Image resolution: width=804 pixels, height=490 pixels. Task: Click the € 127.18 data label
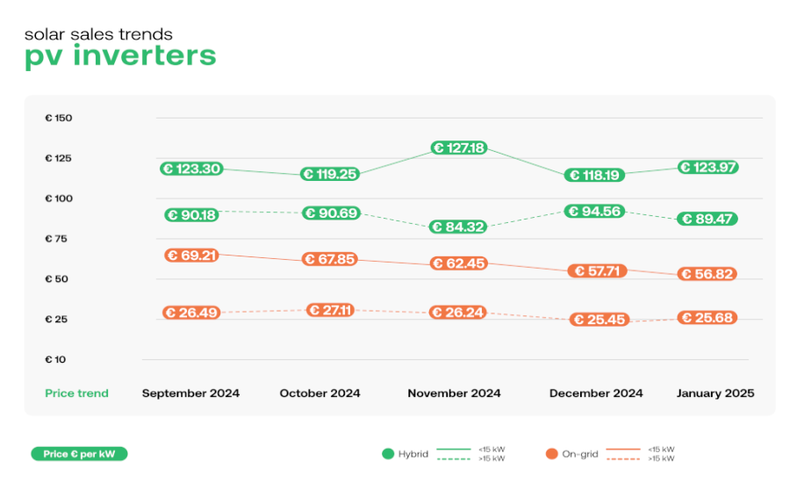459,148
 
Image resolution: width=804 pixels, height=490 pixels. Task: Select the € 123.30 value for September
191,169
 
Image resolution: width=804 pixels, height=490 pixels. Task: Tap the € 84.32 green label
458,227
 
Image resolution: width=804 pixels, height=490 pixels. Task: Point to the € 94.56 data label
595,212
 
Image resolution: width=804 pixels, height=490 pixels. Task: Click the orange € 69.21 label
191,256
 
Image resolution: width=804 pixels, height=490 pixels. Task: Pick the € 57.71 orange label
598,271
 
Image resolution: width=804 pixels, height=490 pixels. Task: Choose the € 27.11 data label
330,310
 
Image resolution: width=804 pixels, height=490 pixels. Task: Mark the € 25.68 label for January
707,318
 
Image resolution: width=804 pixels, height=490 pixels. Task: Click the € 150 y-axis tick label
59,118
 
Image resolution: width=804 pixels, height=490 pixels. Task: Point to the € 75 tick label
56,239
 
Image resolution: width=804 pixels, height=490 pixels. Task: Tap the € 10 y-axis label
55,360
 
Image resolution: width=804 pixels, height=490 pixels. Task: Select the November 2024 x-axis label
454,393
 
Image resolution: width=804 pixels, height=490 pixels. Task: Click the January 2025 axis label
715,393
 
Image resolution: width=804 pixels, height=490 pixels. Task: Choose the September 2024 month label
190,393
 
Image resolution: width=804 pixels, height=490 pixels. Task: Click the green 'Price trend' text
77,393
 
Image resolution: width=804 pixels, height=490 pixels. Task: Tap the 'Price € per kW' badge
79,454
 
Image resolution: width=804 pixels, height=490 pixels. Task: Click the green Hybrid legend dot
388,454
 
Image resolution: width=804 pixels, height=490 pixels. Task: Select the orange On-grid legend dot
552,454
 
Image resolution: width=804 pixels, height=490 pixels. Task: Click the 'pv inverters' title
120,56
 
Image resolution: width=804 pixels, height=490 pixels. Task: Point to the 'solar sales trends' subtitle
98,34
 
